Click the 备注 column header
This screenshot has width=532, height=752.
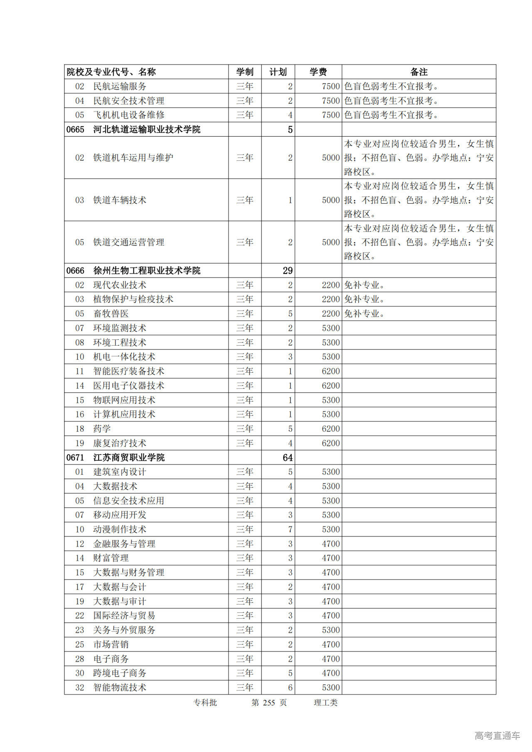tap(419, 72)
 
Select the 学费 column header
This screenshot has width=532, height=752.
tap(318, 72)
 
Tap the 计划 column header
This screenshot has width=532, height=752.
tap(278, 72)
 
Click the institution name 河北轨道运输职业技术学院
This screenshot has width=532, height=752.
tap(146, 130)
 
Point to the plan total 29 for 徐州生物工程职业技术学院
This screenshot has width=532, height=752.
tap(288, 271)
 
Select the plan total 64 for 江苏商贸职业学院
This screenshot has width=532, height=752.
tap(288, 458)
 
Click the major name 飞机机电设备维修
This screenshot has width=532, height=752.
tap(129, 115)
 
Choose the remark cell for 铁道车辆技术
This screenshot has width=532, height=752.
tap(419, 200)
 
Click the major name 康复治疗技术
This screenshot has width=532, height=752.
tap(120, 443)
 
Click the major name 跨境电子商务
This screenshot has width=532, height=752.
tap(120, 673)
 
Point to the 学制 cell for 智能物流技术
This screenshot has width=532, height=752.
tap(245, 688)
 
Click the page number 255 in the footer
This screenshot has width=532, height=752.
tap(269, 703)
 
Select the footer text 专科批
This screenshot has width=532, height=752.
tap(205, 703)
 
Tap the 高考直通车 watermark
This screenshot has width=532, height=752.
tap(497, 735)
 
